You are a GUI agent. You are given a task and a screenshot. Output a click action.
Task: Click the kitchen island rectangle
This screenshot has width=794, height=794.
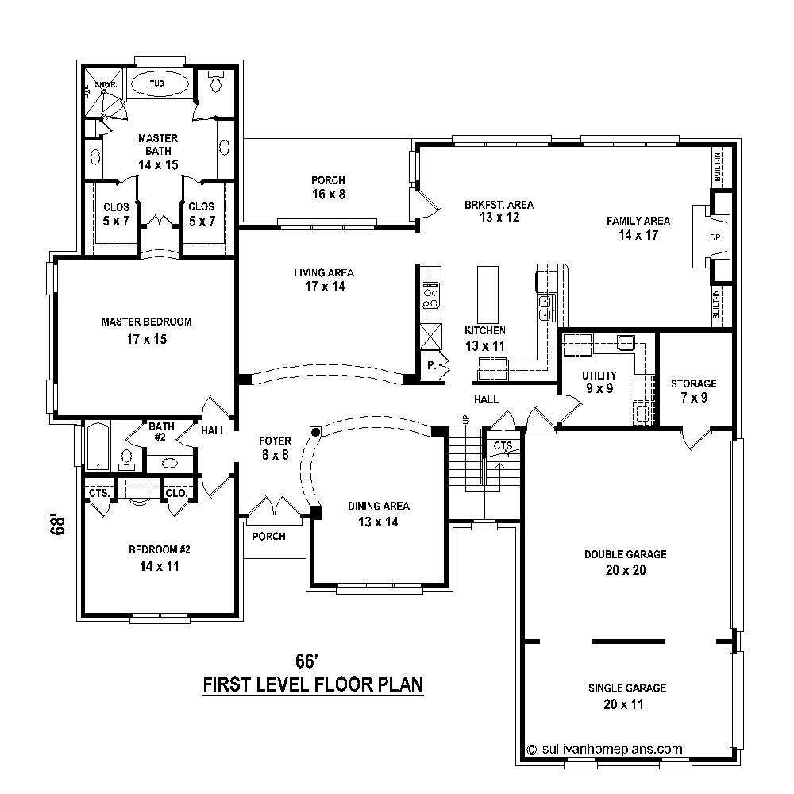(486, 293)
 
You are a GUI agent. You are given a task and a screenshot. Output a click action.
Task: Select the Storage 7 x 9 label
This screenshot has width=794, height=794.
(693, 390)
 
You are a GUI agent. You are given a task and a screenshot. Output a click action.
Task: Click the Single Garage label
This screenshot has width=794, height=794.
(626, 695)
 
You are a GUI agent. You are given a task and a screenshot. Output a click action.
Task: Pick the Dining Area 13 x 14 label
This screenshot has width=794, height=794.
(379, 514)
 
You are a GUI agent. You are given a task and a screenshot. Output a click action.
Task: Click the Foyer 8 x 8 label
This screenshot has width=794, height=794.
(275, 448)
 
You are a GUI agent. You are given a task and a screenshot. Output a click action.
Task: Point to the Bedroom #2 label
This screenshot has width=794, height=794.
(159, 557)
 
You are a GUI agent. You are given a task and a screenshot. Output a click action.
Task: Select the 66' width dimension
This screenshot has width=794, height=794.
(306, 661)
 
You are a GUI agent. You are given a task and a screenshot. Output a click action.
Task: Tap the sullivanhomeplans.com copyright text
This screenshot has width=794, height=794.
(605, 748)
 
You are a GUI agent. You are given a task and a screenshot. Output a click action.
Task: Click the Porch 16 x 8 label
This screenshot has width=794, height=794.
(328, 187)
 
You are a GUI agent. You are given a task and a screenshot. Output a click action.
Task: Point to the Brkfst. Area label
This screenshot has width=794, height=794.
(499, 210)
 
